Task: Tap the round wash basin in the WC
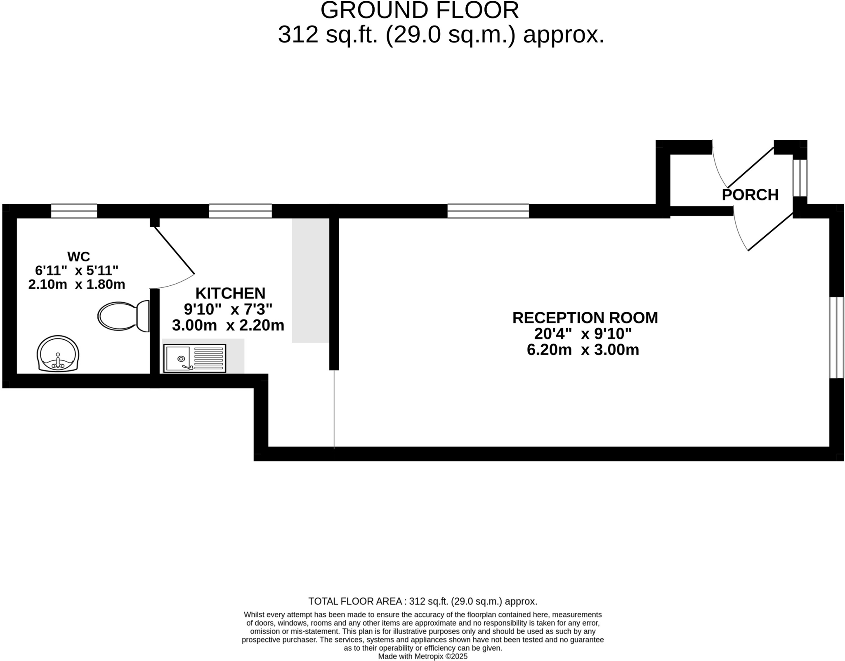coord(58,354)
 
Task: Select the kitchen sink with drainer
coord(195,358)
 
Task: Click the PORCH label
coord(750,195)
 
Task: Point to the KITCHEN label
coord(230,293)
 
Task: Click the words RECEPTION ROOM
coord(585,318)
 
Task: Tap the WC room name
coord(78,256)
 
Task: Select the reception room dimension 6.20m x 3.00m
coord(583,350)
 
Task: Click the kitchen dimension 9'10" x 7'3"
coord(228,309)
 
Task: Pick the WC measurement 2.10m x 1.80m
coord(77,284)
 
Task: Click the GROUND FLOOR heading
coord(419,10)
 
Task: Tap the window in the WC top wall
coord(74,211)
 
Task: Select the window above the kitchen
coord(240,211)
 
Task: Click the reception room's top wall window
coord(488,211)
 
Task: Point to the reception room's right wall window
coord(836,337)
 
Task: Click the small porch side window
coord(800,178)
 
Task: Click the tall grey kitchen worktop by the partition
coord(310,280)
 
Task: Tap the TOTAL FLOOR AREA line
coord(422,601)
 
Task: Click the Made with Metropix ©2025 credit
coord(422,656)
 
